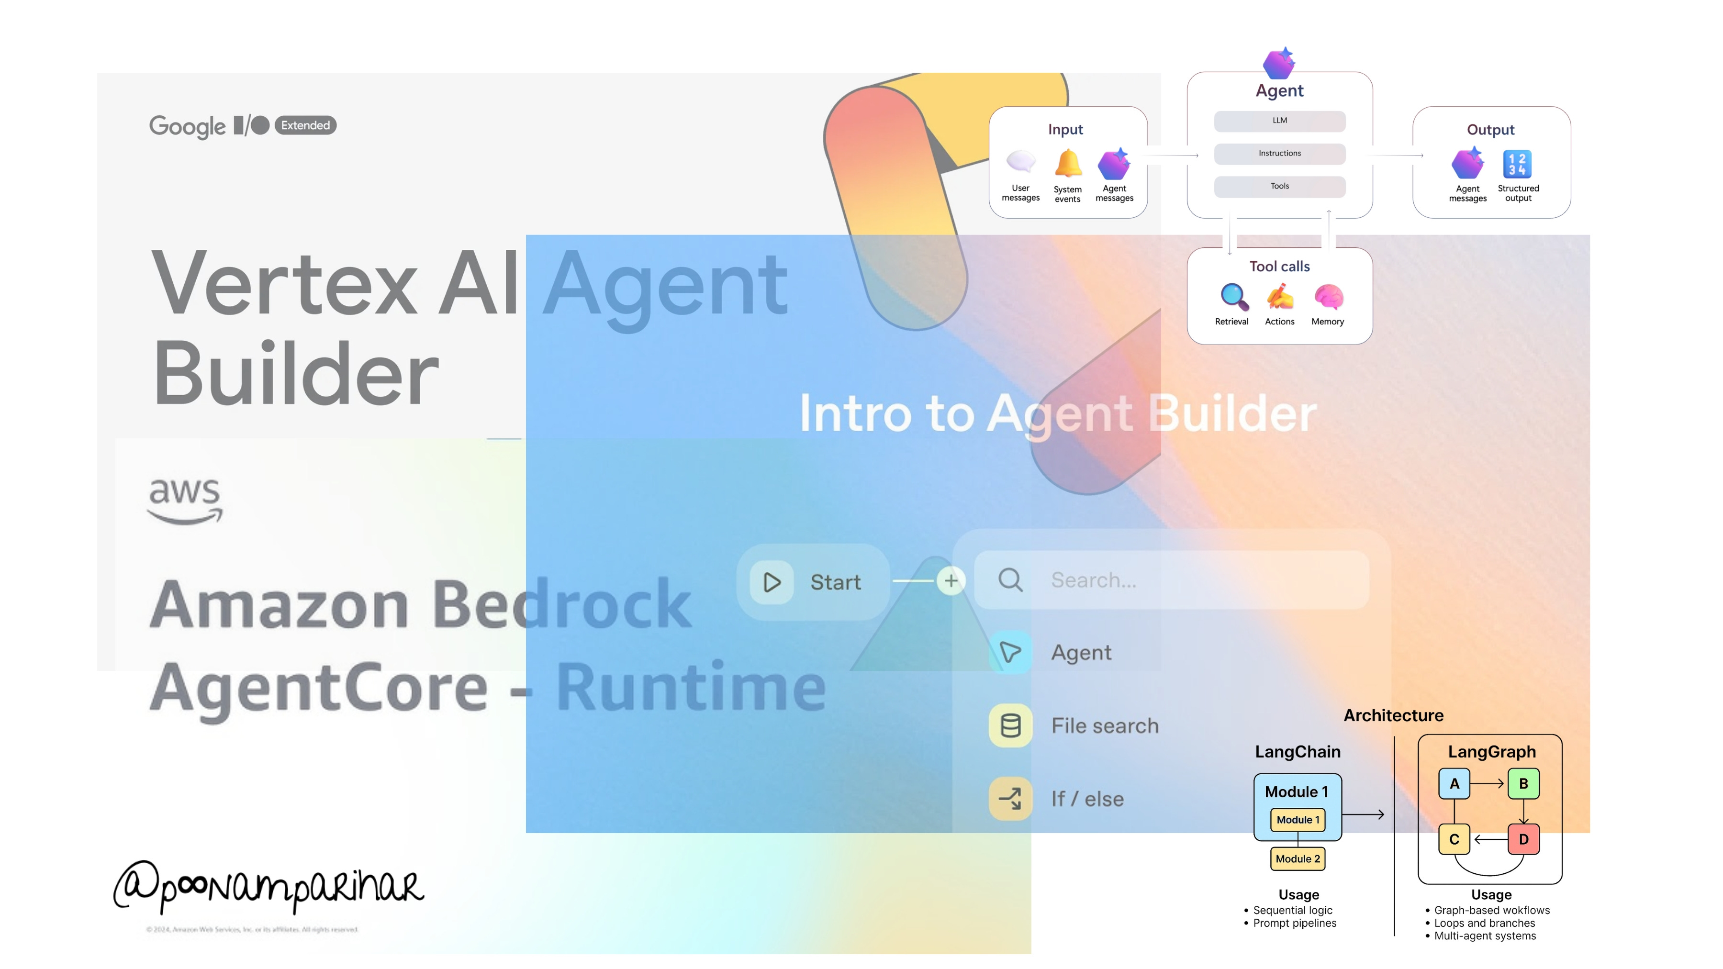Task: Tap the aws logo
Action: click(x=185, y=500)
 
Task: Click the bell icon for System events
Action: click(x=1067, y=163)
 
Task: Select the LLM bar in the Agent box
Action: click(x=1279, y=121)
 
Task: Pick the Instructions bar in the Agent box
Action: click(x=1279, y=154)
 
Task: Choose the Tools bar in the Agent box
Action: click(x=1279, y=187)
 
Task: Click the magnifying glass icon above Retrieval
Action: click(x=1233, y=297)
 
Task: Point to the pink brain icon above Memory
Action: click(x=1328, y=297)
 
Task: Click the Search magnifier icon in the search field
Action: click(x=1010, y=580)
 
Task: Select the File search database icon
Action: click(x=1010, y=725)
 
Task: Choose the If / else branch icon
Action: click(x=1010, y=799)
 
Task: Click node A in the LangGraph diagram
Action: click(x=1454, y=784)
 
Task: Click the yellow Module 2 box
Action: click(x=1298, y=858)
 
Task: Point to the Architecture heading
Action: click(x=1393, y=715)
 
